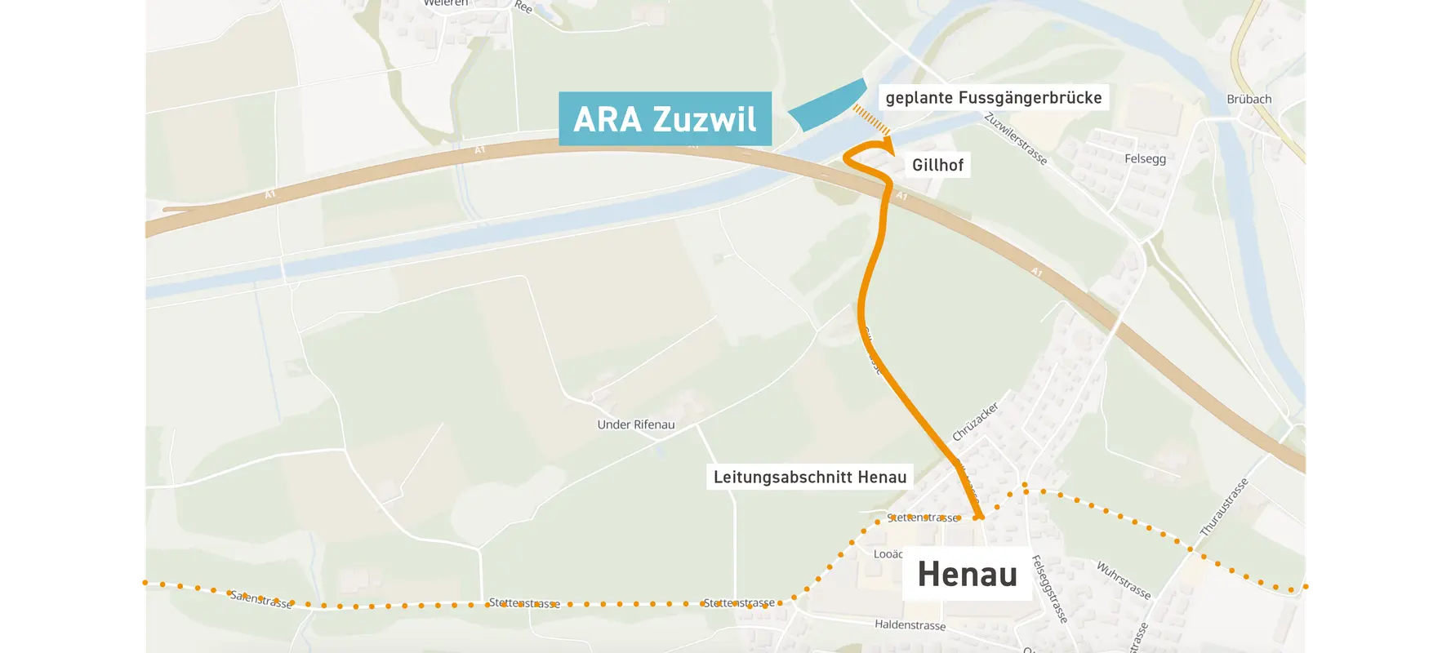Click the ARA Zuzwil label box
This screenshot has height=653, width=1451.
pos(665,119)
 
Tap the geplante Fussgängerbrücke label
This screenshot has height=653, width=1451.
pos(993,98)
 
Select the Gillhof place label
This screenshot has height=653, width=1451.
pos(937,165)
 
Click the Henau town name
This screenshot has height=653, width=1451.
pos(968,574)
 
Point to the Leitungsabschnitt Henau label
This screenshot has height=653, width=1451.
pos(809,478)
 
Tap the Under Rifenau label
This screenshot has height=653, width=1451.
pos(635,424)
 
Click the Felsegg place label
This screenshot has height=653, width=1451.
pos(1145,158)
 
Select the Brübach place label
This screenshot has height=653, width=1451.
pos(1248,99)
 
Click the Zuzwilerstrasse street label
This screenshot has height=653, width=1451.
pos(1015,138)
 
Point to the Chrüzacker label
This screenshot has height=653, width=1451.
pos(975,421)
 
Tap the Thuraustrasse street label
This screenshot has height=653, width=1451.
pos(1224,507)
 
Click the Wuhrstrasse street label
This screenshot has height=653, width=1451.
pos(1123,580)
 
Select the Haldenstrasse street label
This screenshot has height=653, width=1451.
pos(910,624)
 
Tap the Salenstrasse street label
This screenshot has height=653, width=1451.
pos(260,599)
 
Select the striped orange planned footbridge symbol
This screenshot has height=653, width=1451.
pos(871,120)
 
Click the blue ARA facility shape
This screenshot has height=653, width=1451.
pos(826,107)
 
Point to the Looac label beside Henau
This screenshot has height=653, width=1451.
pos(888,554)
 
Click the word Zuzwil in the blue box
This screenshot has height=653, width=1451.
pos(705,120)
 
